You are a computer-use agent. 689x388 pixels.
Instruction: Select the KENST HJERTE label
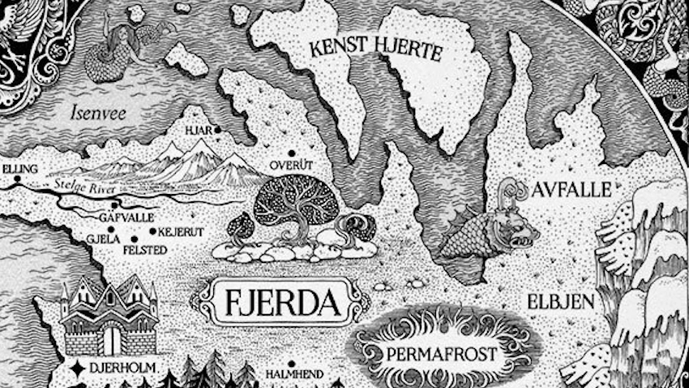375,51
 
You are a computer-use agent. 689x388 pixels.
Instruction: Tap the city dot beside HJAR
217,129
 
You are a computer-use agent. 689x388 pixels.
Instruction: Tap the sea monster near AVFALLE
490,224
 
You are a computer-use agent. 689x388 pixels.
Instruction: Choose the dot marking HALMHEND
290,364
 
